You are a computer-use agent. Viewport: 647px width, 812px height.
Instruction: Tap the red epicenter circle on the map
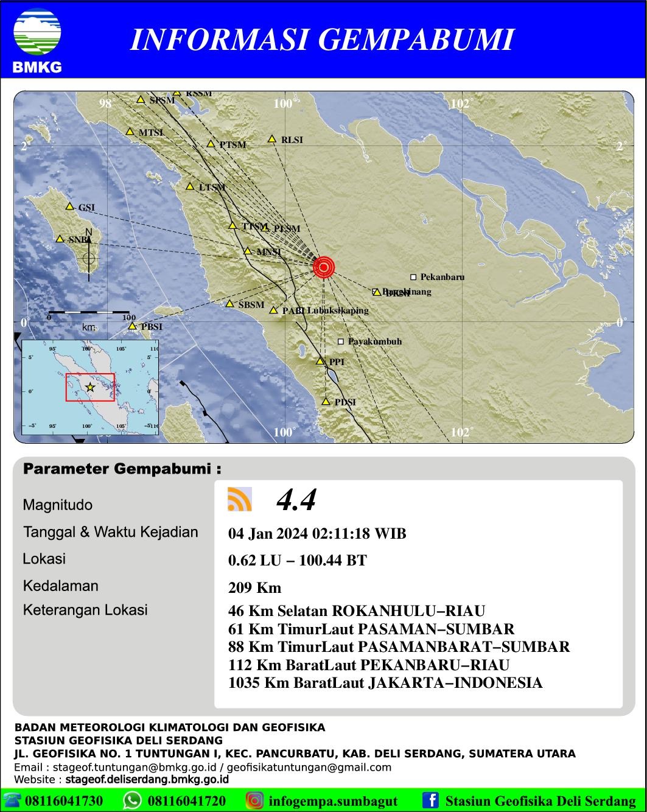[324, 267]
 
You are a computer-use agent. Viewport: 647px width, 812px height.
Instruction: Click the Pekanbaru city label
[442, 277]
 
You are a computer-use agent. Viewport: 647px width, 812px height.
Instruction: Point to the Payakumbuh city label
[374, 341]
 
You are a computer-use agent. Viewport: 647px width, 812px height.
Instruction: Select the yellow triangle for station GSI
[70, 206]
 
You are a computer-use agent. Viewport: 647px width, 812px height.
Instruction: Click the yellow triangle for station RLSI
[273, 139]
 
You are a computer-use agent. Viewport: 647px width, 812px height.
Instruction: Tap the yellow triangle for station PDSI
[326, 402]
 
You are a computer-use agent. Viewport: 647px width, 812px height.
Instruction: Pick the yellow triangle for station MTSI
[130, 131]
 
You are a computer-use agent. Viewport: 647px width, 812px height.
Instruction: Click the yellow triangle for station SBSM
[230, 304]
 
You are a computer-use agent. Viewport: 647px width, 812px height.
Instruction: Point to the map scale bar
[89, 313]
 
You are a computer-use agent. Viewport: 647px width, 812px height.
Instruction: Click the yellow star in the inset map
[91, 387]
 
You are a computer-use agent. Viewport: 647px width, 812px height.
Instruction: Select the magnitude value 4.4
[296, 500]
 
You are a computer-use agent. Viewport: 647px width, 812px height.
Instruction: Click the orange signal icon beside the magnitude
[240, 499]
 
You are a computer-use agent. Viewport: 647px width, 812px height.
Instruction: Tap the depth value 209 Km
[254, 587]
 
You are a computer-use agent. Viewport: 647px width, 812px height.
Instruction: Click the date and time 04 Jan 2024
[317, 534]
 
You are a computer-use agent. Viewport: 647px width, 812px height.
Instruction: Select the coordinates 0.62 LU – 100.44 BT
[297, 560]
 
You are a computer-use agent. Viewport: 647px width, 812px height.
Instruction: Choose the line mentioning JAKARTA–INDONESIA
[385, 683]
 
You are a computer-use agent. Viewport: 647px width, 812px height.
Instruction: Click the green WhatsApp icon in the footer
[133, 800]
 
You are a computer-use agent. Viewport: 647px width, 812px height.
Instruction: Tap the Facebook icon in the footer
[431, 800]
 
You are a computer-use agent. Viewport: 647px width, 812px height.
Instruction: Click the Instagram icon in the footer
[255, 800]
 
